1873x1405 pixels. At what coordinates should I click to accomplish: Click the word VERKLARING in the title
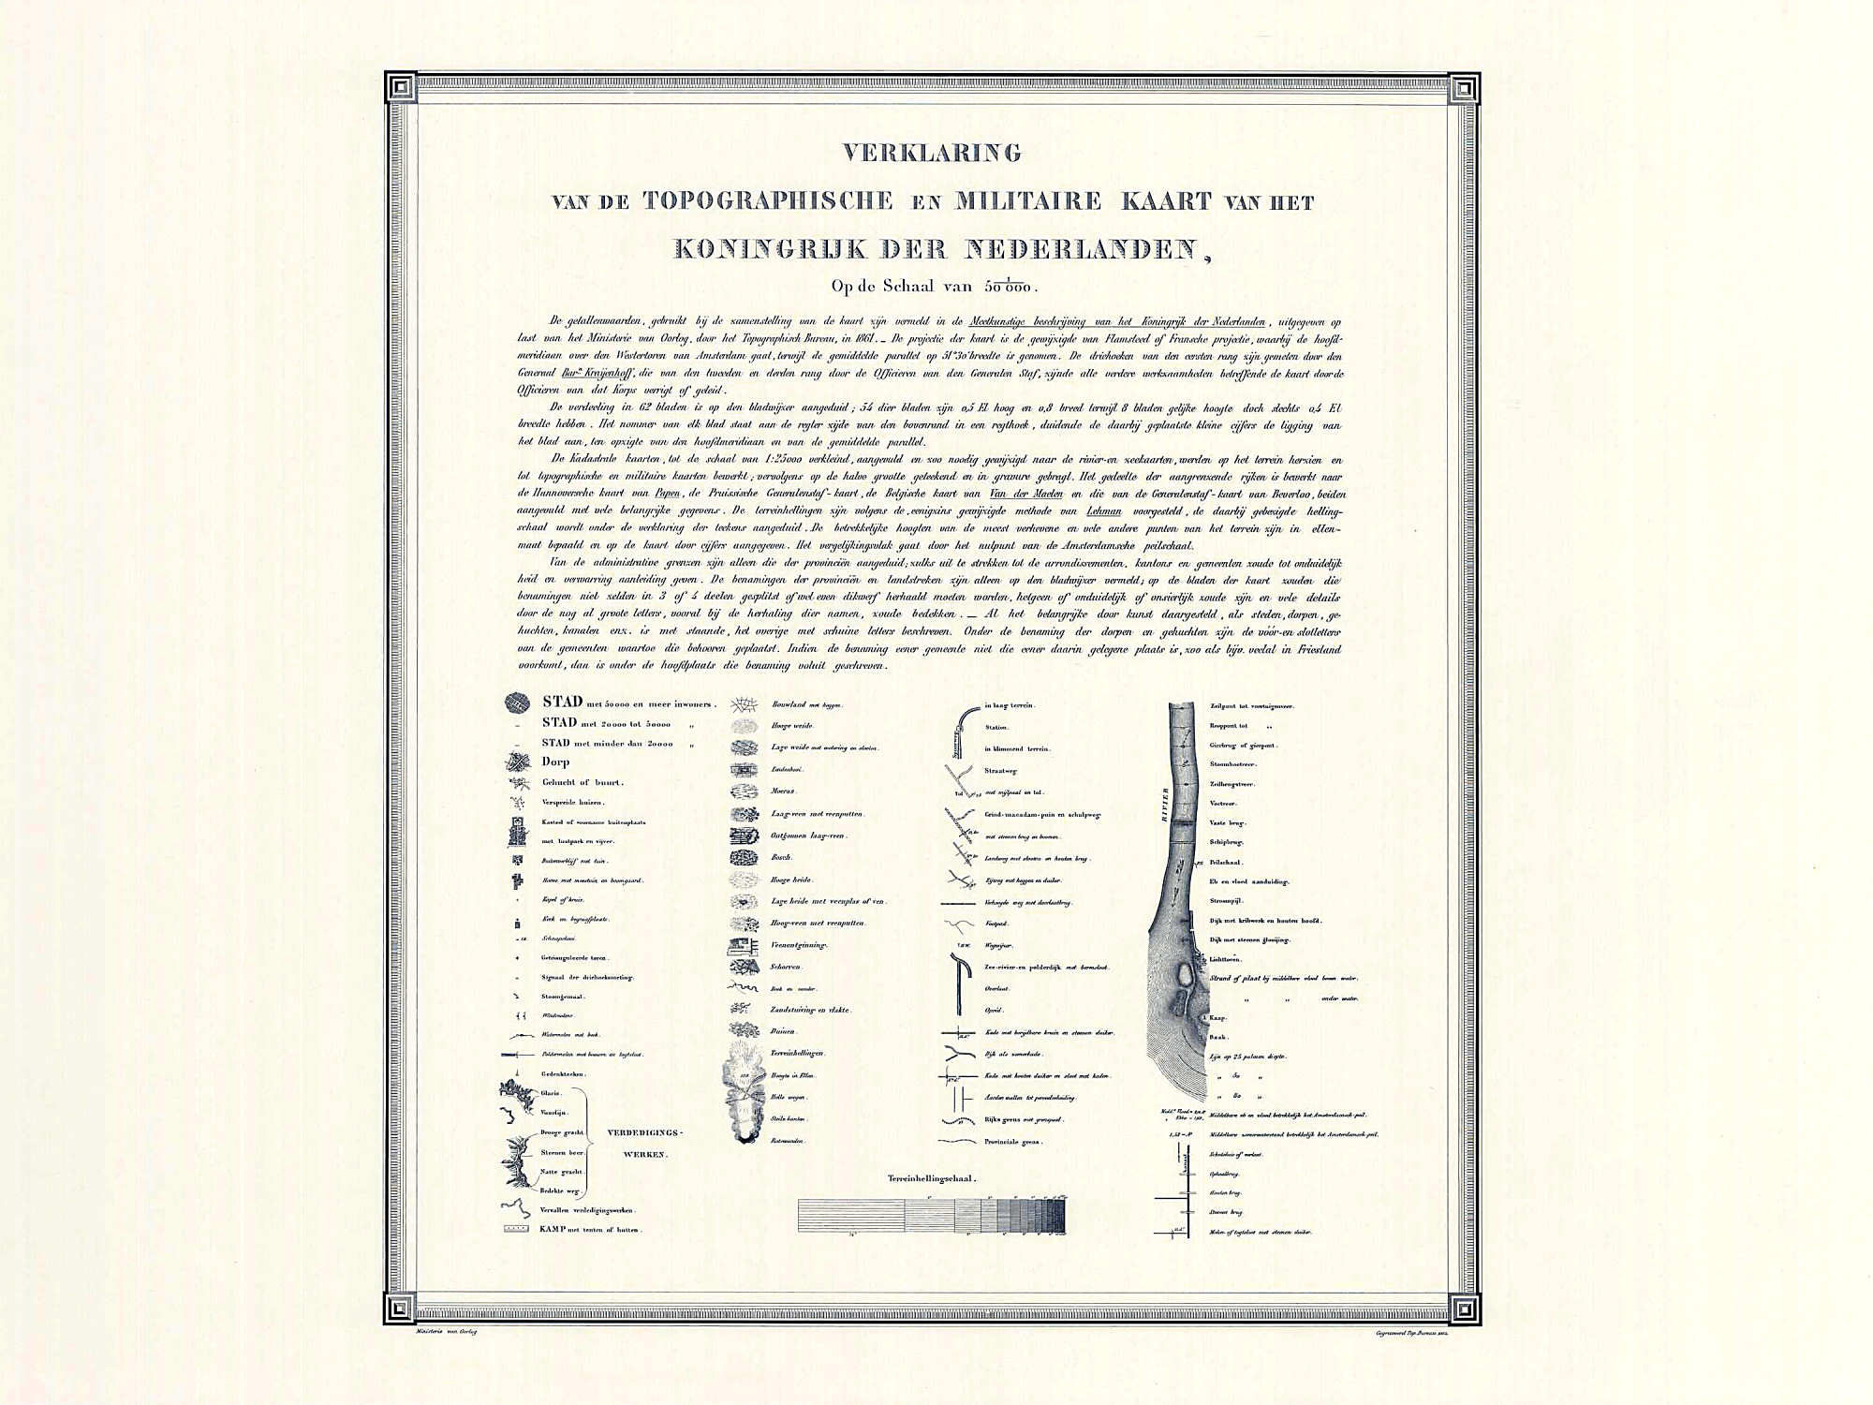click(x=932, y=153)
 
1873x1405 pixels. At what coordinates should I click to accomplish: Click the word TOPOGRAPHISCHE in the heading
click(x=768, y=200)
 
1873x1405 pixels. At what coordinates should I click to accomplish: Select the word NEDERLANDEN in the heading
click(x=1081, y=249)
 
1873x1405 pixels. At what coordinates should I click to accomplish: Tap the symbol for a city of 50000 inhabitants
click(x=517, y=702)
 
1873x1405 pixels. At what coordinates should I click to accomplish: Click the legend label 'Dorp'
click(x=555, y=762)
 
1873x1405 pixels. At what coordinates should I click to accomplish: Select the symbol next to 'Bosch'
click(x=744, y=857)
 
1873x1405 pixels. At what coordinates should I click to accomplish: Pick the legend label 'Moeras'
click(x=783, y=791)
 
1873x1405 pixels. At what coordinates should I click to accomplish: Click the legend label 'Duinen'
click(x=783, y=1031)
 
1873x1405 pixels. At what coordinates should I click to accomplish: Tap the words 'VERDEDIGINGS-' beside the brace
click(x=645, y=1133)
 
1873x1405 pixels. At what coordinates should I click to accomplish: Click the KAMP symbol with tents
click(x=516, y=1229)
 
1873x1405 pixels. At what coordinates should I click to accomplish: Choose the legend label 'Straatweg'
click(x=1001, y=771)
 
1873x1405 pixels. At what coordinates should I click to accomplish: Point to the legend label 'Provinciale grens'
click(x=1012, y=1142)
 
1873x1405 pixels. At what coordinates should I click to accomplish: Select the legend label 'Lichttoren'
click(x=1225, y=959)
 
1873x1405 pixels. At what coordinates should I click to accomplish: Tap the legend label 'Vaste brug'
click(x=1228, y=822)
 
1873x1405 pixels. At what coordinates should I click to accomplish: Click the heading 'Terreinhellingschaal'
click(x=931, y=1178)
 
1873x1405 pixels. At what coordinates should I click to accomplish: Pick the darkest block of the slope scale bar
click(x=1059, y=1216)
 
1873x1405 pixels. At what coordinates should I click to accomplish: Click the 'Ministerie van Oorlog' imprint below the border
click(x=447, y=1332)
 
